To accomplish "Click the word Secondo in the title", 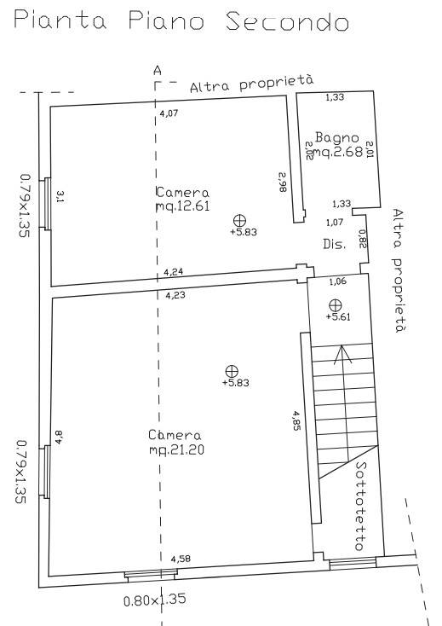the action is click(287, 21).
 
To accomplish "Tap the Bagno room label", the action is click(336, 137).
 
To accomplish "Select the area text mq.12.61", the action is click(183, 206).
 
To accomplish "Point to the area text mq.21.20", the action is click(176, 450).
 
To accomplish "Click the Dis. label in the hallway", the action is click(334, 244).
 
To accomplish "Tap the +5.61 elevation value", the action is click(338, 316).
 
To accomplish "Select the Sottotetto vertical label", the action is click(360, 507).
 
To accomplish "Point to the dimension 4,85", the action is click(296, 420).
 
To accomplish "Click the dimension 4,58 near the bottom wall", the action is click(181, 559).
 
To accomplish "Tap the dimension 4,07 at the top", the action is click(169, 113).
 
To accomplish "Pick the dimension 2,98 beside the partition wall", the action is click(283, 182).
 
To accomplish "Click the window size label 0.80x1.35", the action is click(155, 600).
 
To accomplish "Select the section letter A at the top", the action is click(158, 71).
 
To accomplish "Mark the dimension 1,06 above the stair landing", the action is click(338, 281).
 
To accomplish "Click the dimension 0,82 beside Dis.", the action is click(362, 239).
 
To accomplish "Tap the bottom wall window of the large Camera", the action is click(151, 575).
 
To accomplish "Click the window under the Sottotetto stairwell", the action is click(353, 564).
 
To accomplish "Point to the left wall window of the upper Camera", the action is click(47, 204).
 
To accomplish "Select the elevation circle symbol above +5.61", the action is click(336, 305).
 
